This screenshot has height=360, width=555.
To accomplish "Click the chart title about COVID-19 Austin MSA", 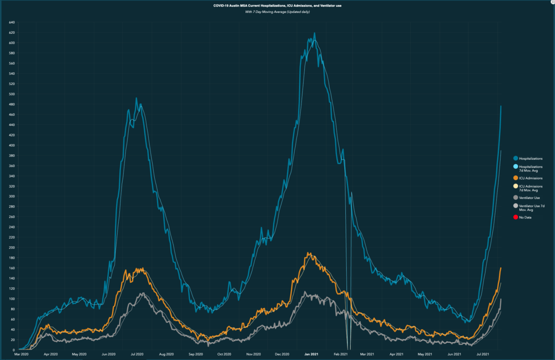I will pyautogui.click(x=277, y=6).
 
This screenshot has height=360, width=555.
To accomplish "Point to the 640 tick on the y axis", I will pyautogui.click(x=12, y=23).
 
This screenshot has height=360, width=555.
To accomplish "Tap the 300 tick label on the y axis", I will pyautogui.click(x=12, y=196).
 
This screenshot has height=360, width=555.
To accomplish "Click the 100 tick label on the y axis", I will pyautogui.click(x=12, y=299).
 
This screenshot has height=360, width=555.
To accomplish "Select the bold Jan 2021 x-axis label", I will pyautogui.click(x=311, y=354).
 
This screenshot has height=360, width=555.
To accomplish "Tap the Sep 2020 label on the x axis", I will pyautogui.click(x=195, y=354).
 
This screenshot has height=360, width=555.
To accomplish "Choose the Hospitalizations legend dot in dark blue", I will pyautogui.click(x=516, y=159).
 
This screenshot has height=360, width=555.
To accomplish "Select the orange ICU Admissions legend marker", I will pyautogui.click(x=516, y=178).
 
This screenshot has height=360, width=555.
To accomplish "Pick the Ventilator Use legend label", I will pyautogui.click(x=530, y=197).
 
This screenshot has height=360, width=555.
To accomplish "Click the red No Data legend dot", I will pyautogui.click(x=516, y=217).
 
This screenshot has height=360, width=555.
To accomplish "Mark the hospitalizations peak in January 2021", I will pyautogui.click(x=315, y=33).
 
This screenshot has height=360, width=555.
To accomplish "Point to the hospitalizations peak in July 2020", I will pyautogui.click(x=137, y=98).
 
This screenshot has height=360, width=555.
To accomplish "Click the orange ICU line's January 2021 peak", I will pyautogui.click(x=309, y=253).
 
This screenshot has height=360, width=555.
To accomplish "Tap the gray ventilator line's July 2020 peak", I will pyautogui.click(x=142, y=293).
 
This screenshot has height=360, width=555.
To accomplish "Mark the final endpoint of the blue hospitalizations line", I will pyautogui.click(x=501, y=106).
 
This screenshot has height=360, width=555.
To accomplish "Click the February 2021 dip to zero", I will pyautogui.click(x=349, y=349).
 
